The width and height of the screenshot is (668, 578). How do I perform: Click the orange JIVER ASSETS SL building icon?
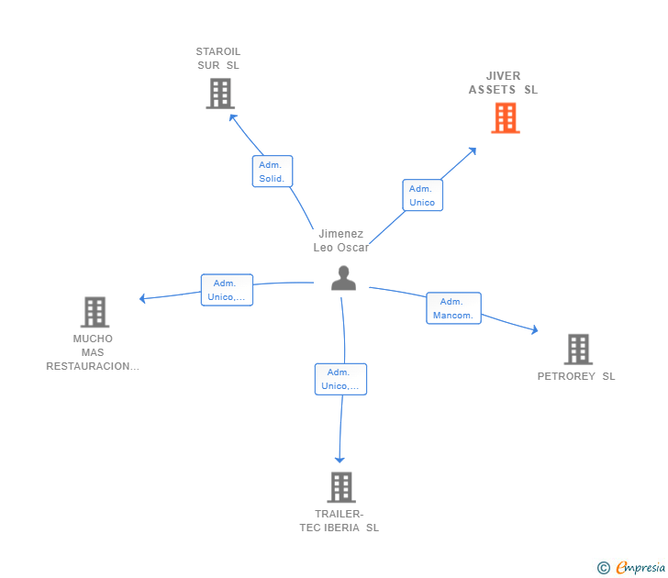[x=505, y=118]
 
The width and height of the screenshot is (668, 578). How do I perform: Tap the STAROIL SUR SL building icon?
[x=219, y=94]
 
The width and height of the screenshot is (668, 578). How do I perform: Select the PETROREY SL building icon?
[x=577, y=350]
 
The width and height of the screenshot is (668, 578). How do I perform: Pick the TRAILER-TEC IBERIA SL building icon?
[x=340, y=487]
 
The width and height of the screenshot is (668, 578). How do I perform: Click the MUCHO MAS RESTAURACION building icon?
[x=95, y=312]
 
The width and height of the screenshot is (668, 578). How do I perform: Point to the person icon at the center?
[x=343, y=278]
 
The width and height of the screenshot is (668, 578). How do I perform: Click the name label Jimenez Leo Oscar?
[x=340, y=240]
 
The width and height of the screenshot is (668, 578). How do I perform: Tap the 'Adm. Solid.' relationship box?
[x=272, y=172]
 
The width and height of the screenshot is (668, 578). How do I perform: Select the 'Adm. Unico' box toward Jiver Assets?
[x=422, y=195]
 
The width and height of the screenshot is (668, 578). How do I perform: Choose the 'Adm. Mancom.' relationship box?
[x=453, y=308]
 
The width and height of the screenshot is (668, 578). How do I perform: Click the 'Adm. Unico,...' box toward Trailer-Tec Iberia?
[x=340, y=379]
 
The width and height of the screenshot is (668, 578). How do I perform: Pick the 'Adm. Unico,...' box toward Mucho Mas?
[x=227, y=290]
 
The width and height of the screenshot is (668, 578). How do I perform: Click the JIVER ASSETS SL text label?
[x=503, y=83]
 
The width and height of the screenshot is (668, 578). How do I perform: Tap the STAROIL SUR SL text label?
[x=218, y=58]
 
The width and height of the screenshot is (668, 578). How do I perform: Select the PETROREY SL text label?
[x=576, y=376]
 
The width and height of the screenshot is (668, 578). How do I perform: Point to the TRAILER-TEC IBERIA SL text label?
[x=339, y=521]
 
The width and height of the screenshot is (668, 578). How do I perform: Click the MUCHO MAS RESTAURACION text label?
[x=93, y=352]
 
